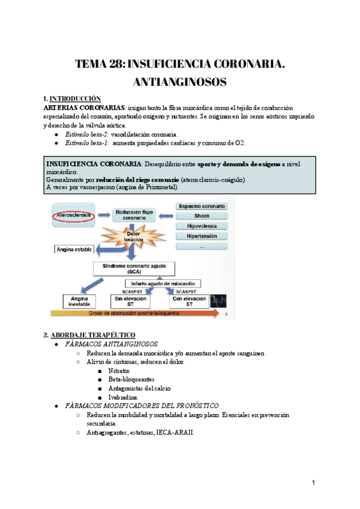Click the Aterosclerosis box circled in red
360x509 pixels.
[71, 214]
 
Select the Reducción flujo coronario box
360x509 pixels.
[134, 214]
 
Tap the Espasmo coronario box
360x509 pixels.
[202, 206]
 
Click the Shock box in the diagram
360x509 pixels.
[202, 216]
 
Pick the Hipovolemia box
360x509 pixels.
[202, 226]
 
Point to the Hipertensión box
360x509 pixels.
[202, 236]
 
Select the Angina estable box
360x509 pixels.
[74, 248]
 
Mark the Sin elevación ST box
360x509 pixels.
[130, 301]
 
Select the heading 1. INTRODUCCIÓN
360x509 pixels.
[72, 98]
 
